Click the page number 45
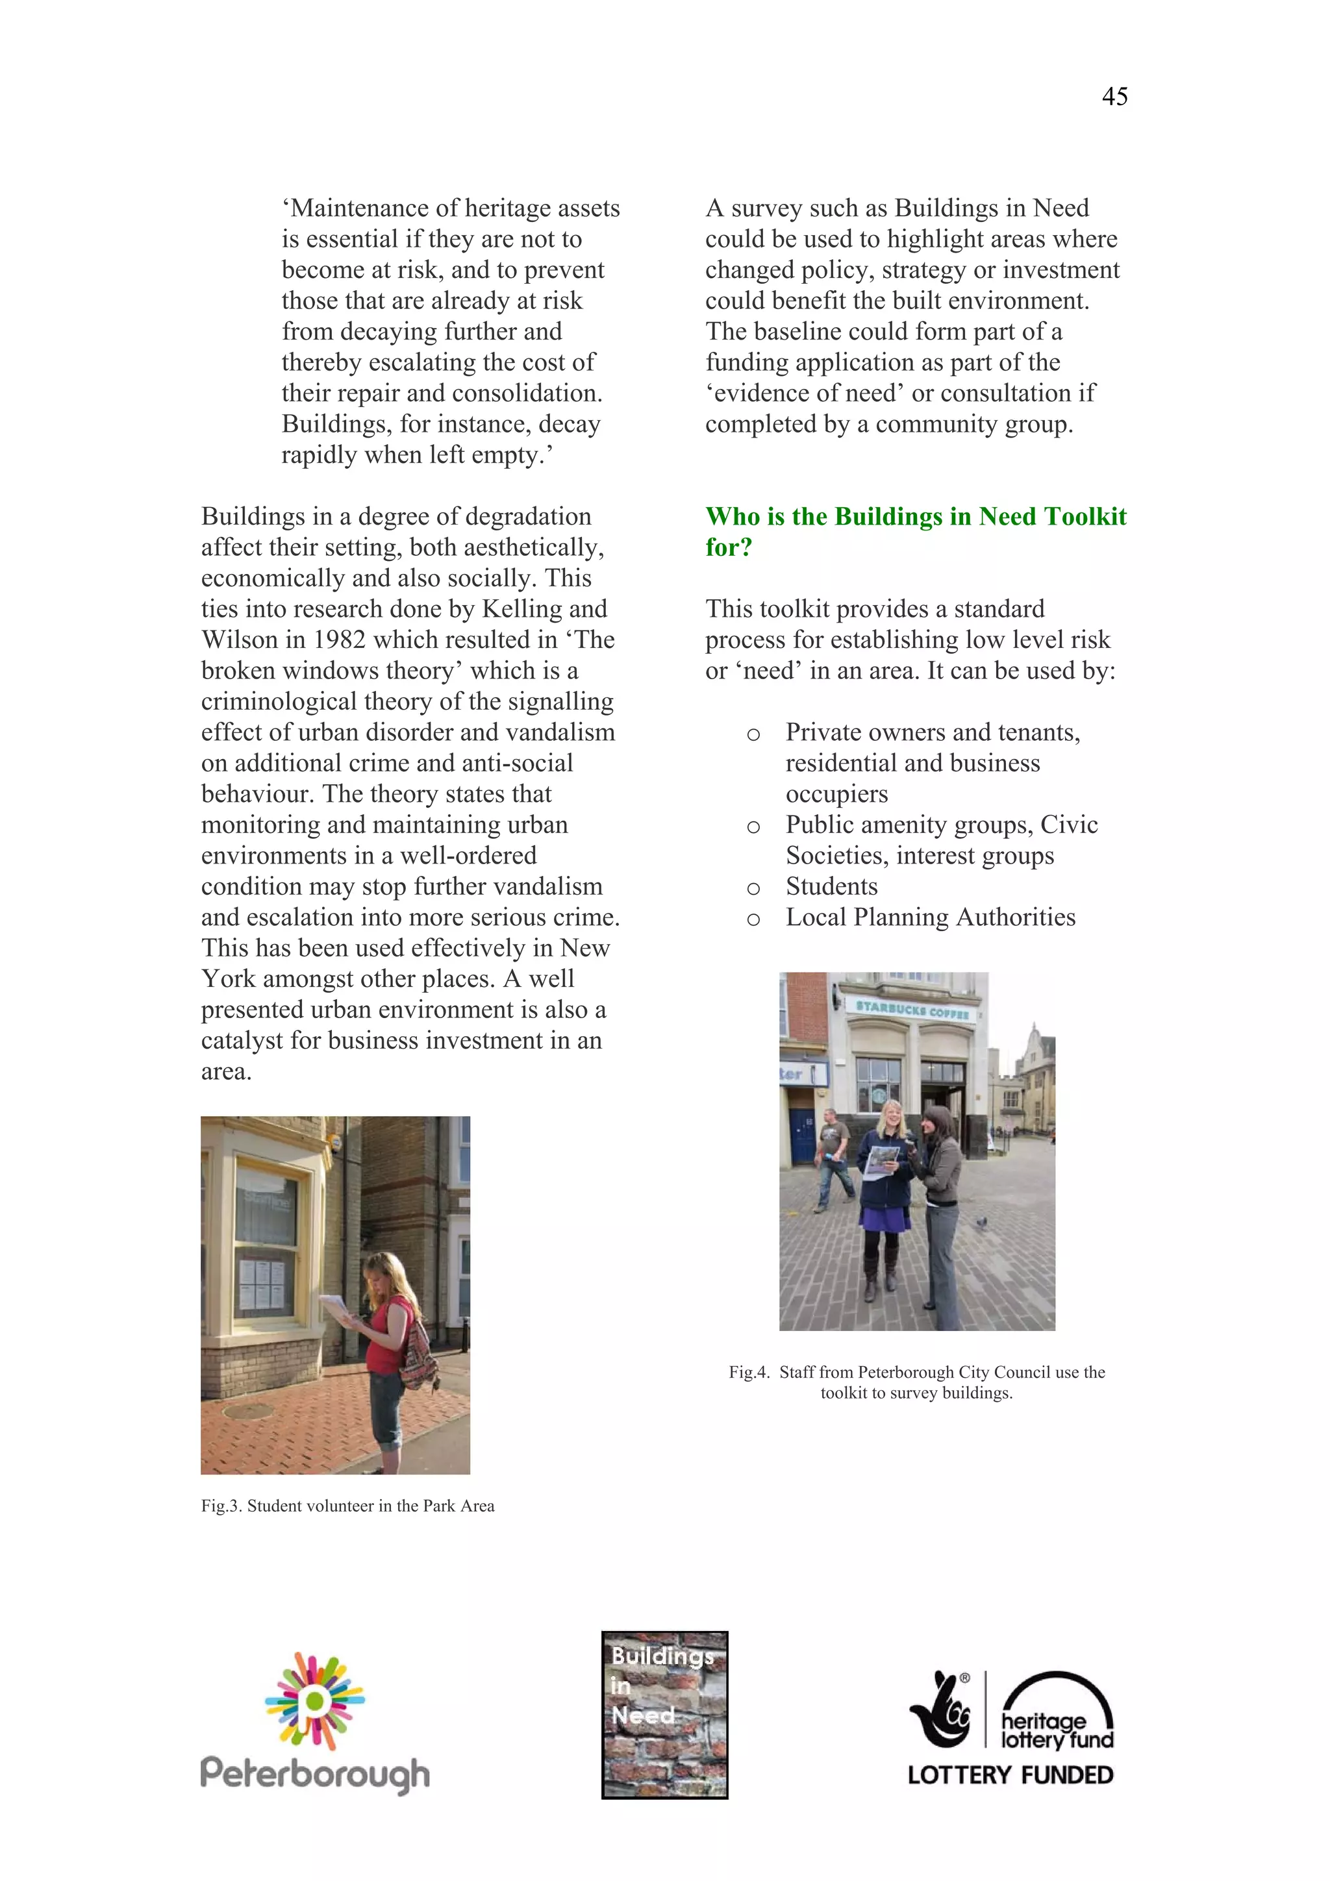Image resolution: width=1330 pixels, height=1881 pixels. coord(1114,97)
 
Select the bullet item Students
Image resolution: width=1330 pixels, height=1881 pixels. coord(831,886)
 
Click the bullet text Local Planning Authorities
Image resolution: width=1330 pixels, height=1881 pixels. coord(930,917)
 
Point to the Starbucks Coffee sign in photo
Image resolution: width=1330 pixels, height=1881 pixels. coord(912,1009)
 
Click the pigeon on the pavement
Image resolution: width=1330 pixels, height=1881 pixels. coord(981,1223)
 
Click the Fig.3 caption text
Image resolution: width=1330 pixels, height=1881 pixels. coord(347,1506)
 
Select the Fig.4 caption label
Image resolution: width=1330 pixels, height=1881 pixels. coord(749,1372)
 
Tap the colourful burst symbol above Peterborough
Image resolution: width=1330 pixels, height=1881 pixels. coord(315,1699)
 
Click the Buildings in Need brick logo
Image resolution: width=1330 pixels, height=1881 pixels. coord(664,1714)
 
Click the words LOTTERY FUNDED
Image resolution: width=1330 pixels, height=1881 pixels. coord(1010,1775)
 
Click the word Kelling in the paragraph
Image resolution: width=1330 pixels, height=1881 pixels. coord(520,608)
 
